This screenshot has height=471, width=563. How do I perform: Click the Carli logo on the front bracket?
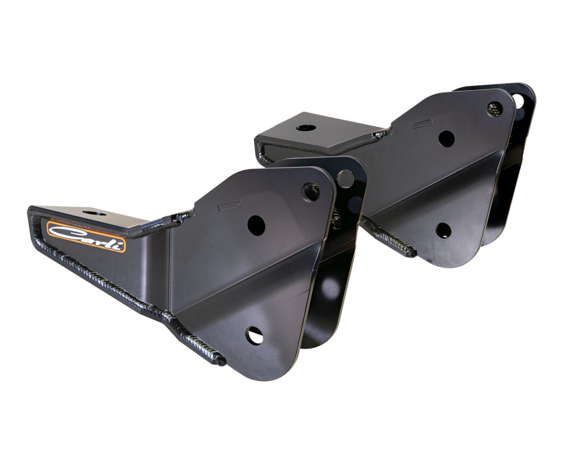86,237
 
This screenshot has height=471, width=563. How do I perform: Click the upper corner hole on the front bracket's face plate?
310,191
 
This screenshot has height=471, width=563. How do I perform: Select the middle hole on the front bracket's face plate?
256,225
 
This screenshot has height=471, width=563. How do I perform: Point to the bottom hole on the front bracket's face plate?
254,336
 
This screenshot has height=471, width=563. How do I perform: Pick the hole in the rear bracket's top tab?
306,128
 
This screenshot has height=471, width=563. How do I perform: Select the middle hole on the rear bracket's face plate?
446,139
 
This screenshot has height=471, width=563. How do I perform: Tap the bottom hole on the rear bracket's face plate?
443,230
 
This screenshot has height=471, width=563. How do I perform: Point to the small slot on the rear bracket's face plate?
422,123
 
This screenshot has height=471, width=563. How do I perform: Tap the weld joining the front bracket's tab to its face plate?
172,220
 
